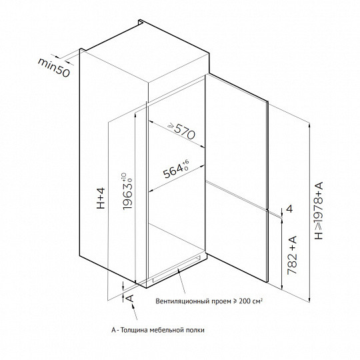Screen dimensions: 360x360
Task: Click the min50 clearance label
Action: [x=53, y=67]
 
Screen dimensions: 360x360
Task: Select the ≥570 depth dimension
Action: [x=181, y=131]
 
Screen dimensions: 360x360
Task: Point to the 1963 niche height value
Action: [x=127, y=195]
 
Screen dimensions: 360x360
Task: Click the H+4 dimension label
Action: [x=101, y=199]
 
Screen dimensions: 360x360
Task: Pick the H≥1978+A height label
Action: [x=319, y=211]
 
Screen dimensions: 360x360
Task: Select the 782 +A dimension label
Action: [x=292, y=255]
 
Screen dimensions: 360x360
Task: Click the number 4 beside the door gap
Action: [x=290, y=209]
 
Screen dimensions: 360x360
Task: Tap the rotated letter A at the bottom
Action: [x=130, y=298]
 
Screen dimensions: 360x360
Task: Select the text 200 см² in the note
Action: [x=251, y=301]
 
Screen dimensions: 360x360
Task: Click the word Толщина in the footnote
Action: [x=134, y=330]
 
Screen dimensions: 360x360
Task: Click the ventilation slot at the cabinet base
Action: [x=176, y=268]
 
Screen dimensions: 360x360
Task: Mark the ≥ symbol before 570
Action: [x=171, y=125]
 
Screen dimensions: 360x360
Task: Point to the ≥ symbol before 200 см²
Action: [x=235, y=301]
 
